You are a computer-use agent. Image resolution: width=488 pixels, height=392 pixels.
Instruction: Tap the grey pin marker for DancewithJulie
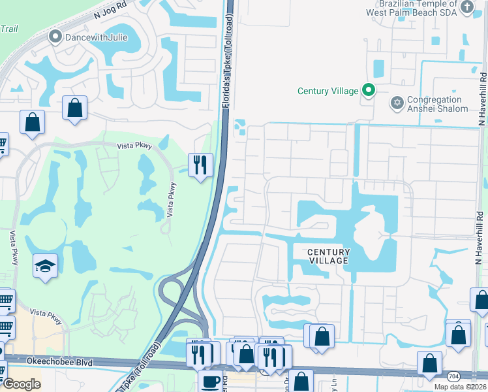click(56, 37)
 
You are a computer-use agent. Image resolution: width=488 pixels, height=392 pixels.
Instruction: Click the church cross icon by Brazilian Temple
click(466, 7)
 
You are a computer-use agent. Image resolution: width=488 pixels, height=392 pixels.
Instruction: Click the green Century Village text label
click(328, 91)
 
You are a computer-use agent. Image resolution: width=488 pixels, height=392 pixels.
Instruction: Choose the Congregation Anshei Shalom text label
click(438, 105)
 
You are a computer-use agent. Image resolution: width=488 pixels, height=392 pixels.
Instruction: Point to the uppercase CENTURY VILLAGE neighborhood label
click(328, 256)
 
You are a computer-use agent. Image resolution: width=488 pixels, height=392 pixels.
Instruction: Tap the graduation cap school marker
click(45, 265)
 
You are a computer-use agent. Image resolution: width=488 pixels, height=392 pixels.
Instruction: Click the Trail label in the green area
click(8, 29)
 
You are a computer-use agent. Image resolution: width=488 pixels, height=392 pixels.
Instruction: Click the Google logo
click(21, 384)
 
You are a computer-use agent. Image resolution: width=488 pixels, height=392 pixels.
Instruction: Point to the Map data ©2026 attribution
click(461, 386)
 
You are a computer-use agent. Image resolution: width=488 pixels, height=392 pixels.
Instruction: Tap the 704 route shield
click(452, 376)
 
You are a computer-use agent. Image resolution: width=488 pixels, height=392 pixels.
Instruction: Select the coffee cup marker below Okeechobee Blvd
click(210, 381)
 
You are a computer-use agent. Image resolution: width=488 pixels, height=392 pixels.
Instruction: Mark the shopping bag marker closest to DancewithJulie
click(75, 107)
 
